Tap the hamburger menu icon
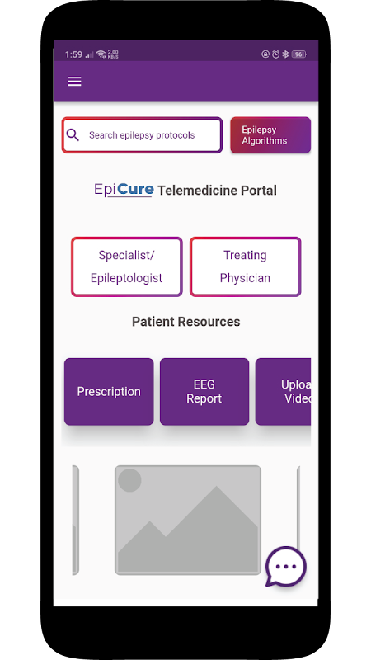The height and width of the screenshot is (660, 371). [74, 81]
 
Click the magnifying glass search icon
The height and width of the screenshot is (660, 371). [73, 134]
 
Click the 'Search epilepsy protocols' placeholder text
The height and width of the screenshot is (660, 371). [142, 135]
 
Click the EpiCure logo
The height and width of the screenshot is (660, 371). [124, 190]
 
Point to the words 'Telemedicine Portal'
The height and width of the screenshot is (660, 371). [217, 191]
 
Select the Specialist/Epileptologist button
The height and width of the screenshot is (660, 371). [127, 266]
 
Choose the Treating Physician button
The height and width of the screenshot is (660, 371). [245, 266]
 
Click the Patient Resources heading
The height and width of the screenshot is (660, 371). [186, 322]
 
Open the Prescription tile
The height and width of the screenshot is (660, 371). [109, 391]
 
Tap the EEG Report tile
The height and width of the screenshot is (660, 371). [204, 391]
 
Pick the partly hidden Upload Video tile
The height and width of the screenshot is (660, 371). [283, 391]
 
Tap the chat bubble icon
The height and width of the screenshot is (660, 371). [286, 567]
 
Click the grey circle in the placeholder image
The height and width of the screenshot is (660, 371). [129, 480]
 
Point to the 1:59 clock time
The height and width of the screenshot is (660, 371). [73, 54]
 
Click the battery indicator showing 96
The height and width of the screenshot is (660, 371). [299, 54]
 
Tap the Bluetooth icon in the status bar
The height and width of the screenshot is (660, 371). [284, 54]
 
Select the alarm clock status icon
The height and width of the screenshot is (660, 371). [275, 54]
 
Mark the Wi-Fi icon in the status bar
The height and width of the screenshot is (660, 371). [101, 54]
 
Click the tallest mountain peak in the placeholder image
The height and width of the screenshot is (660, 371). [217, 487]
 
